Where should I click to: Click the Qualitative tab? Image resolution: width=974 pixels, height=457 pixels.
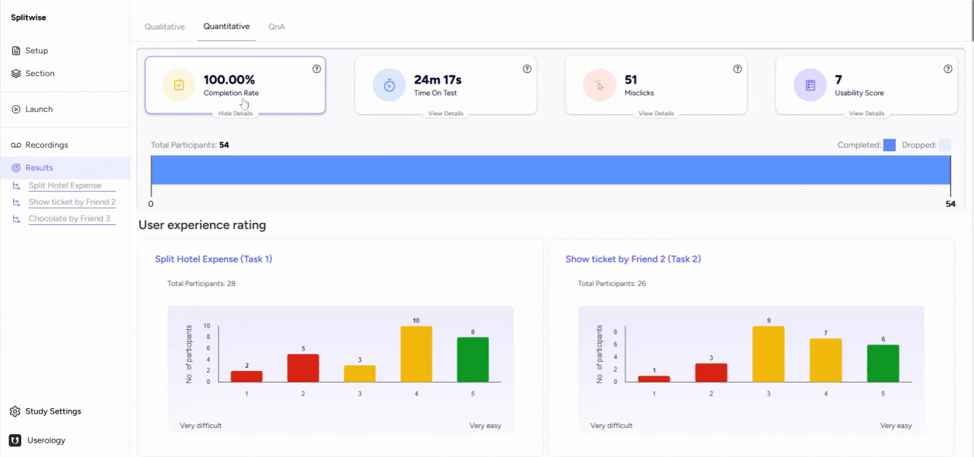(x=164, y=27)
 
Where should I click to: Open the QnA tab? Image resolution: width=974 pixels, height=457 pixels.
(x=276, y=27)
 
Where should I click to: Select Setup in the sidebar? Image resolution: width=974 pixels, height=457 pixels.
(x=37, y=51)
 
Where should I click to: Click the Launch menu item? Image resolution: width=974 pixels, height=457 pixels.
(x=39, y=109)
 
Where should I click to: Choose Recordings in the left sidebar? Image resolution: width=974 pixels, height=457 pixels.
(x=46, y=145)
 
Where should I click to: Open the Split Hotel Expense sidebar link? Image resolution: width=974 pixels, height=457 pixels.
(x=65, y=186)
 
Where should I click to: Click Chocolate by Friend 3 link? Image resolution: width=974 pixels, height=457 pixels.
(x=69, y=219)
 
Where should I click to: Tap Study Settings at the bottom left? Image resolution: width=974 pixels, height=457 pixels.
(x=53, y=411)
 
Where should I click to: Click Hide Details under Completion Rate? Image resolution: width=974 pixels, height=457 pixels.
(x=235, y=113)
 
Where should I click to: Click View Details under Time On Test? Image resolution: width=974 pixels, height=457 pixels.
(x=445, y=113)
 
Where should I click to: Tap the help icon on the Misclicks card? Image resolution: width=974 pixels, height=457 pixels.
(x=737, y=69)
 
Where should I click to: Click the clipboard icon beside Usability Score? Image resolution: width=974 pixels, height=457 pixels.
(x=810, y=85)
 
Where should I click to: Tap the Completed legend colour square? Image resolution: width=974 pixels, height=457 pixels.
(x=889, y=145)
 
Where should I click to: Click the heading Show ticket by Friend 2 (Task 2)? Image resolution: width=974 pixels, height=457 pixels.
(x=633, y=259)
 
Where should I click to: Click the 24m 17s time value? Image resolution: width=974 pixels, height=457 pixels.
(x=438, y=80)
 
